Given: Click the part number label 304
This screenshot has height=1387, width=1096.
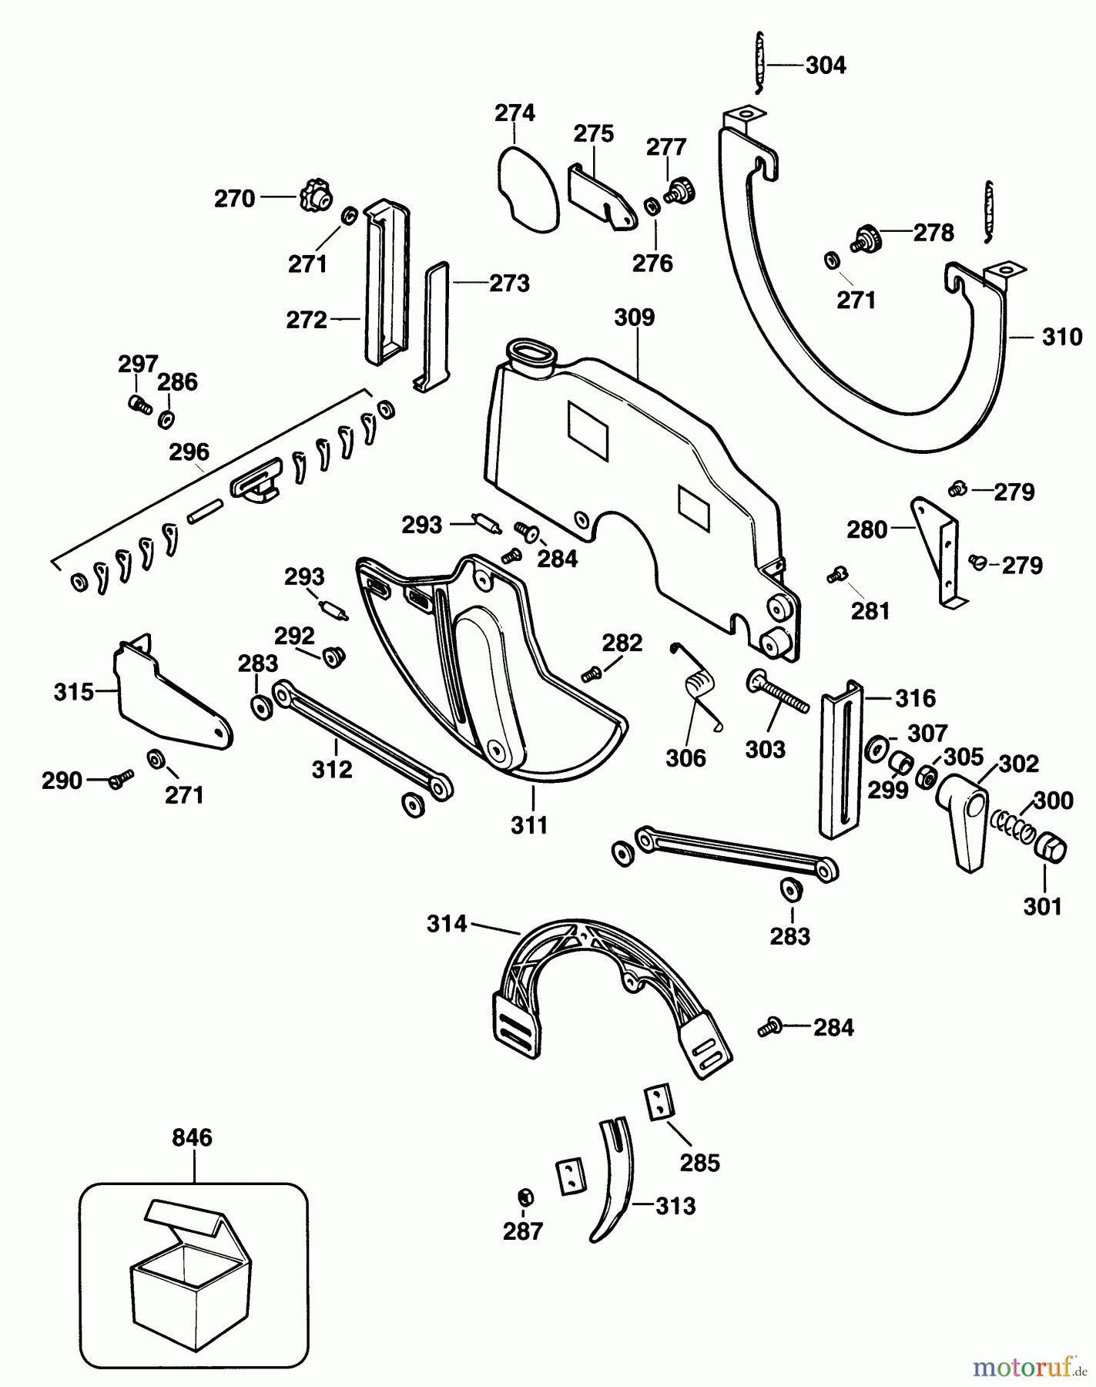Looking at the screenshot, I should tap(825, 65).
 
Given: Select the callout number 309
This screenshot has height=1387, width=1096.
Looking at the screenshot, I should tap(634, 317).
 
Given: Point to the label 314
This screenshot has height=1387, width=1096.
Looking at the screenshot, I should tap(447, 923).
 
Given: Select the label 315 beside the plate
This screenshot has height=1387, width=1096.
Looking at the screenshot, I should tap(73, 692).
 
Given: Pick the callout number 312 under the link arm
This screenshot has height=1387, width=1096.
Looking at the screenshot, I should tap(332, 769).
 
